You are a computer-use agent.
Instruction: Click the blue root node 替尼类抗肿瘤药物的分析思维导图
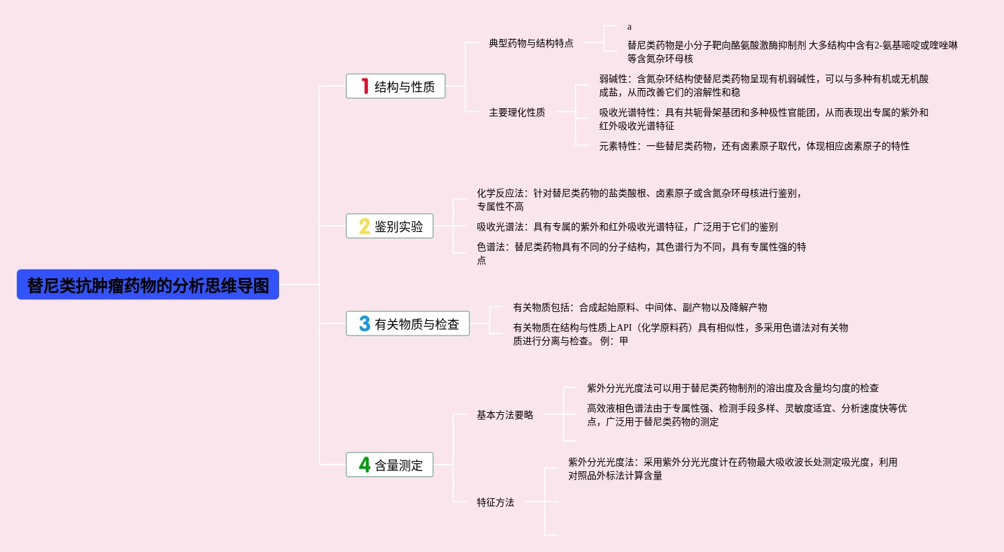tap(148, 285)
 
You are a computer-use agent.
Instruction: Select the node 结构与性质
tap(404, 87)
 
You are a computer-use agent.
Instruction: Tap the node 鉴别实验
tap(398, 227)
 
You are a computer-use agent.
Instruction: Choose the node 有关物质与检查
tap(416, 324)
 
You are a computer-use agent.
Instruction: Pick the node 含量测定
tap(398, 465)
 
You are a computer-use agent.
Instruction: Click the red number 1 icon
tap(364, 86)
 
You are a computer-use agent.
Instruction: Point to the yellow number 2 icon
tap(364, 226)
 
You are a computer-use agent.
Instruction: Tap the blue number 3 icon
tap(364, 323)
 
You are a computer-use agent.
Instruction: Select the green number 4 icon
tap(364, 465)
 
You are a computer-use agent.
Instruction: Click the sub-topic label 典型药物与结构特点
tap(531, 43)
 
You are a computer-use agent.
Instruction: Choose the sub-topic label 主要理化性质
tap(516, 112)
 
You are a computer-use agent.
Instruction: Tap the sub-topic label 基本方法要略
tap(504, 415)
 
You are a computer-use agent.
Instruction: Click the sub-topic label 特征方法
tap(495, 502)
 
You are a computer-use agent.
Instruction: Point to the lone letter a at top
tap(629, 27)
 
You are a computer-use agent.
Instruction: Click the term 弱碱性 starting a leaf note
tap(613, 79)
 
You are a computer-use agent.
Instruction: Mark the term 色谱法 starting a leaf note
tap(490, 247)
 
